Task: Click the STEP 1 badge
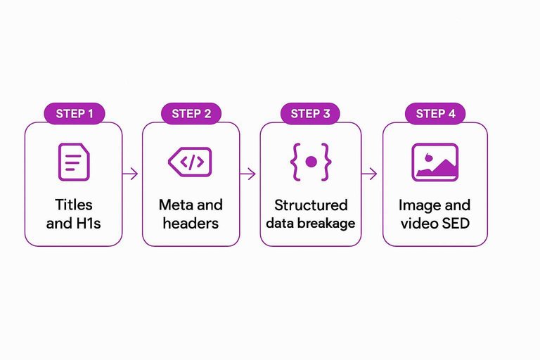click(74, 114)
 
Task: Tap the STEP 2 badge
click(191, 114)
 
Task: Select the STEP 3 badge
click(310, 114)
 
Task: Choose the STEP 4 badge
click(435, 114)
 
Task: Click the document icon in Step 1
click(74, 162)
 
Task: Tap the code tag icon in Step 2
click(190, 162)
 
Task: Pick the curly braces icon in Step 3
click(310, 162)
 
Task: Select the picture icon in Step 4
click(435, 162)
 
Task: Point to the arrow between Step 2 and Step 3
click(248, 174)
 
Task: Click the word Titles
click(74, 205)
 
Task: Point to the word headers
click(191, 224)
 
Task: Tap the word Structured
click(311, 205)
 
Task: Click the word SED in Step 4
click(454, 224)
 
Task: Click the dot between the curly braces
click(310, 162)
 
